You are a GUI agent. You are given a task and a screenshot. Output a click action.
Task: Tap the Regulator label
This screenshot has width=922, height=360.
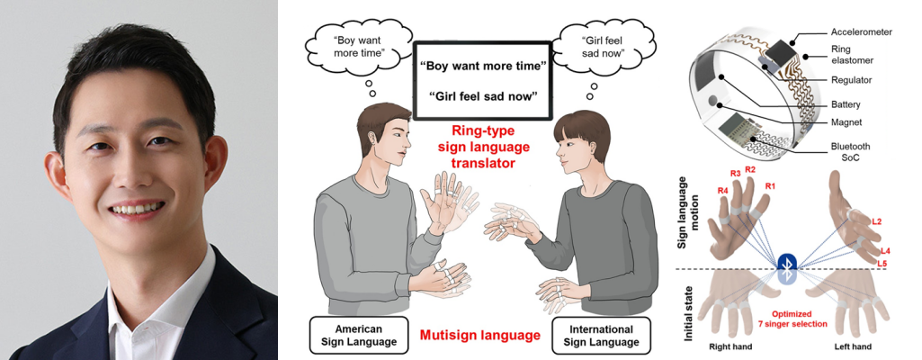coord(852,79)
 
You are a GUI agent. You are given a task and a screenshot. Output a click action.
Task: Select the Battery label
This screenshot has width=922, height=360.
coord(846,104)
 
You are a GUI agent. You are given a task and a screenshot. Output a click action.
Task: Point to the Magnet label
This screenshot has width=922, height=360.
coord(846,122)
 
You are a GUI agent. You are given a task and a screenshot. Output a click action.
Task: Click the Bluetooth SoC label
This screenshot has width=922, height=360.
coord(850,152)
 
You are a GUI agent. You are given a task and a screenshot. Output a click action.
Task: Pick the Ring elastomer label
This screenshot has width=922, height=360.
coord(852,55)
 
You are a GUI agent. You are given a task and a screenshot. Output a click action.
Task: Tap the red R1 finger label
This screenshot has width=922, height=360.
coord(771,186)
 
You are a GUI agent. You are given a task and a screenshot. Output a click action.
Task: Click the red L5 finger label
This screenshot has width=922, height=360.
coord(882,263)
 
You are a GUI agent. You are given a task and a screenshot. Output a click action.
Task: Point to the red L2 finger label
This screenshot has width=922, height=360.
coord(877,221)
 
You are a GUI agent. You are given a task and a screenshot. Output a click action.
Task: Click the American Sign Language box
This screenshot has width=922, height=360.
coord(357,335)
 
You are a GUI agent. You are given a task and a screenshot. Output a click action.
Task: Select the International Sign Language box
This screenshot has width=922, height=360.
coord(602,336)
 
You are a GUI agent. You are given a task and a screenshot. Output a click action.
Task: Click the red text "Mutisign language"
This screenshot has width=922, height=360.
coord(479,336)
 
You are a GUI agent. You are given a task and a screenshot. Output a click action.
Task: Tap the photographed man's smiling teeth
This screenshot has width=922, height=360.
coord(137,208)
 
